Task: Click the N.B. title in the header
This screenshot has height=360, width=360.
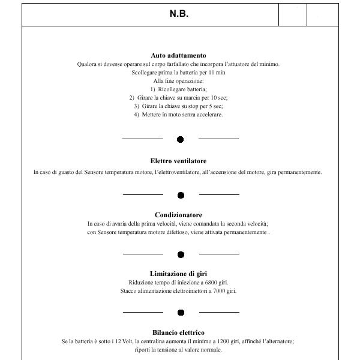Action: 179,14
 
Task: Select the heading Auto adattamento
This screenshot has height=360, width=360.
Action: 178,55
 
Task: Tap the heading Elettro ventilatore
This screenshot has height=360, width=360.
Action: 178,161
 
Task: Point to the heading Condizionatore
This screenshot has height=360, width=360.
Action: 178,215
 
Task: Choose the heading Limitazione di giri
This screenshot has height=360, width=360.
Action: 178,274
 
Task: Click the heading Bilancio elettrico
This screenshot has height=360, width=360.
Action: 178,332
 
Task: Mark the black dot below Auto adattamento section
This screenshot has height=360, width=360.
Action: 180,139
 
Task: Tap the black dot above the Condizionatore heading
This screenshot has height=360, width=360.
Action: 181,195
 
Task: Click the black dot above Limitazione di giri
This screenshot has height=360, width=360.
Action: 181,254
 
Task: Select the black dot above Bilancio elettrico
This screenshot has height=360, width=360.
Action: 181,313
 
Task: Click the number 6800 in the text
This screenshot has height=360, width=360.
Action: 211,283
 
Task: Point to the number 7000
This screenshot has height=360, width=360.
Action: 219,291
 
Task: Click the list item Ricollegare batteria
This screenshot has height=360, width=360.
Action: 182,89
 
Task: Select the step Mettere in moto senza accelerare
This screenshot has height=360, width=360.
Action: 182,115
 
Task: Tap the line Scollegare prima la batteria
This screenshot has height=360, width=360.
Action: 178,73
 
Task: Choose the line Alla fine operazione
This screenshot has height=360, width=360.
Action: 178,81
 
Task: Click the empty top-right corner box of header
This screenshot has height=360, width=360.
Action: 323,14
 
